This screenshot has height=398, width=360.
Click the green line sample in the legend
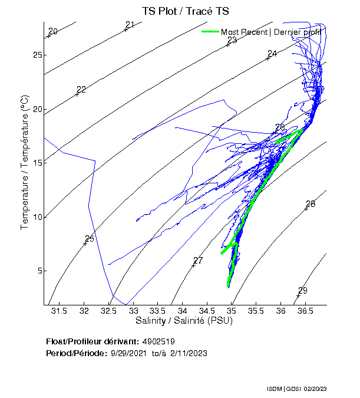[x=210, y=31]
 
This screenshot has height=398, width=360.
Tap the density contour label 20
[x=53, y=31]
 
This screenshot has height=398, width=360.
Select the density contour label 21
[x=130, y=24]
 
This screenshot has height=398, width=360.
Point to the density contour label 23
[x=232, y=40]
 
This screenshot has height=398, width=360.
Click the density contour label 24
[x=272, y=54]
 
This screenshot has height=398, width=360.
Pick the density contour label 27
[x=198, y=261]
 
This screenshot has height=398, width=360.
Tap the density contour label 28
[x=311, y=204]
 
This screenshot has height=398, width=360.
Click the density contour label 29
[x=303, y=290]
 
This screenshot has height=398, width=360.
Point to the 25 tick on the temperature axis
[x=37, y=55]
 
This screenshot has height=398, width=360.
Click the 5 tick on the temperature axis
[x=38, y=271]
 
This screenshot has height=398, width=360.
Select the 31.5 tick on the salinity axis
[x=58, y=311]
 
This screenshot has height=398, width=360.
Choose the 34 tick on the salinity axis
[x=183, y=311]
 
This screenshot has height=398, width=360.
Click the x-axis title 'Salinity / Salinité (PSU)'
[x=184, y=321]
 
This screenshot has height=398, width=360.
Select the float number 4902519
[x=158, y=341]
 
